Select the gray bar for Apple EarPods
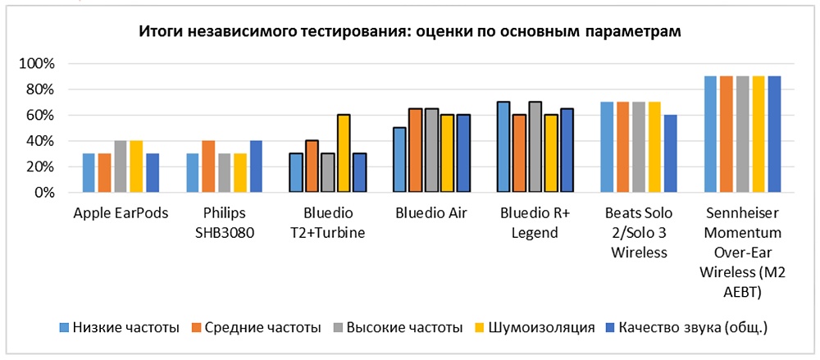pyautogui.click(x=121, y=167)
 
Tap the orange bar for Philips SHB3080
pyautogui.click(x=207, y=167)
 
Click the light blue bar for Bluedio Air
pyautogui.click(x=399, y=161)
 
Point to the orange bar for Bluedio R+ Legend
pyautogui.click(x=518, y=154)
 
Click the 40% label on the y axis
pyautogui.click(x=39, y=141)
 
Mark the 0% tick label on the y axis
pyautogui.click(x=43, y=194)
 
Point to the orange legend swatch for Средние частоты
pyautogui.click(x=197, y=328)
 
